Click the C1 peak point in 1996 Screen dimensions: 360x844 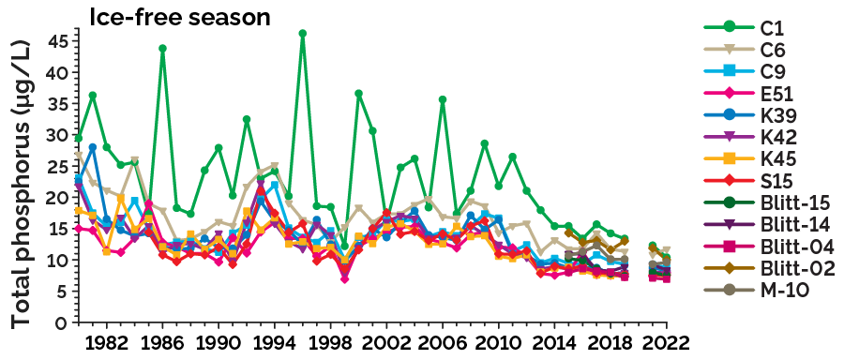pos(303,34)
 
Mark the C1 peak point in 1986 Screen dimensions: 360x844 pos(162,49)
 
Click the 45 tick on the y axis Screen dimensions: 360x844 pos(59,41)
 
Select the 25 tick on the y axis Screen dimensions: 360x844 pos(59,166)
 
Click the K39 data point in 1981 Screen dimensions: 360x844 pos(93,148)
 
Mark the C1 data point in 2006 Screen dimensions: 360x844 pos(443,99)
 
